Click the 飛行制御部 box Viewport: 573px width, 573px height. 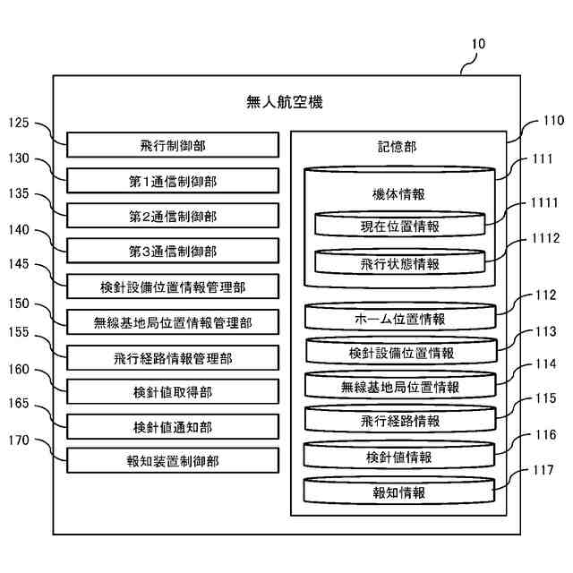[x=173, y=145]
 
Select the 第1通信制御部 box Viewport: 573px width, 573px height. [x=173, y=181]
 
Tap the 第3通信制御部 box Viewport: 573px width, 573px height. [x=173, y=251]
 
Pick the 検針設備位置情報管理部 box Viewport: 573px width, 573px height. [x=173, y=286]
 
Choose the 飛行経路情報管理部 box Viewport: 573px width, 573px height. [x=173, y=358]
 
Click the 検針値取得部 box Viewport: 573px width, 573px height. [x=173, y=392]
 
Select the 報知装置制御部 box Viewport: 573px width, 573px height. [x=173, y=461]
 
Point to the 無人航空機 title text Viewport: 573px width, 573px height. [x=285, y=102]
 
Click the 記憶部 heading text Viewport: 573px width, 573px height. [x=397, y=147]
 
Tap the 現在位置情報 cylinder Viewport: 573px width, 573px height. [x=400, y=224]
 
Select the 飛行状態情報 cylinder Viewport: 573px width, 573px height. [x=400, y=261]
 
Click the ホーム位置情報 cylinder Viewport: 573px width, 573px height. [x=400, y=317]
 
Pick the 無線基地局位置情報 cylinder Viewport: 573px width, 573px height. [x=400, y=385]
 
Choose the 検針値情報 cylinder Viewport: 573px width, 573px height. [x=399, y=456]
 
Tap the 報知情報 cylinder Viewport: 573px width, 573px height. [x=399, y=491]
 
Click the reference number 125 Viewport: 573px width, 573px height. [x=19, y=123]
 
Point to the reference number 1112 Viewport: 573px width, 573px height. [x=545, y=238]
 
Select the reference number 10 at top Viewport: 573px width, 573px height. [x=478, y=44]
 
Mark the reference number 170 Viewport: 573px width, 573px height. [x=19, y=440]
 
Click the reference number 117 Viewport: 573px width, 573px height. [x=543, y=470]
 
